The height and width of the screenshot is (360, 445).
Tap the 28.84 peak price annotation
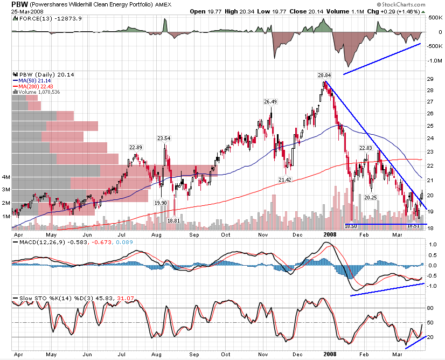tap(324, 75)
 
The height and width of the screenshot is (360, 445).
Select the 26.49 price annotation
tap(270, 102)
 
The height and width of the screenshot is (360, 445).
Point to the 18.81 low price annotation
tap(173, 220)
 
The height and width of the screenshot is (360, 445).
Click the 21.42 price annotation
tap(285, 179)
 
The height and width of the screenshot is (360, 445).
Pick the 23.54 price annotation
tap(163, 139)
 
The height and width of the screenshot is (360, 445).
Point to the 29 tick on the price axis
tap(430, 79)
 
